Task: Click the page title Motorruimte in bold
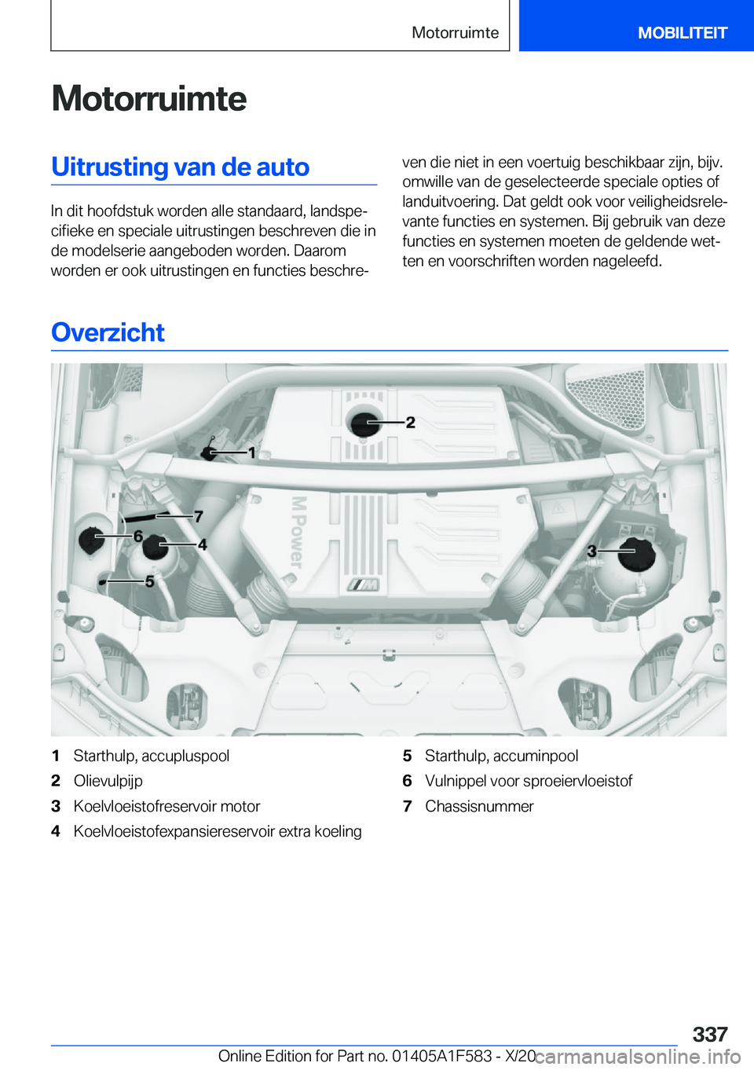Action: [x=148, y=99]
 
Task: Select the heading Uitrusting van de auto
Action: [x=180, y=167]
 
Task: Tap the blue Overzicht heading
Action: [x=108, y=333]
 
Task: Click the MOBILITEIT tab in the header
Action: [x=682, y=33]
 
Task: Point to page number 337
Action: [x=709, y=1034]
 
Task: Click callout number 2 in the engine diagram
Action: [x=410, y=423]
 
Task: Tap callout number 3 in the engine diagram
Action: [x=591, y=551]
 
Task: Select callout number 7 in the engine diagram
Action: [x=199, y=516]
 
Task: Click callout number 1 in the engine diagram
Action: [x=251, y=453]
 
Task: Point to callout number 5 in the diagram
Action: [x=149, y=581]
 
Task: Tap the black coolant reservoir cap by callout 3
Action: [x=636, y=554]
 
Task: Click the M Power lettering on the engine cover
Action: [x=298, y=532]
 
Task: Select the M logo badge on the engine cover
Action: [x=364, y=584]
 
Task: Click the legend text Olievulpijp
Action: [x=108, y=781]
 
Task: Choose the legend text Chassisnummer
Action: [x=478, y=806]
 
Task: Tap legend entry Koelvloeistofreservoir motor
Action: [x=167, y=806]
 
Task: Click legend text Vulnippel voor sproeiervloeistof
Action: [x=528, y=781]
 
